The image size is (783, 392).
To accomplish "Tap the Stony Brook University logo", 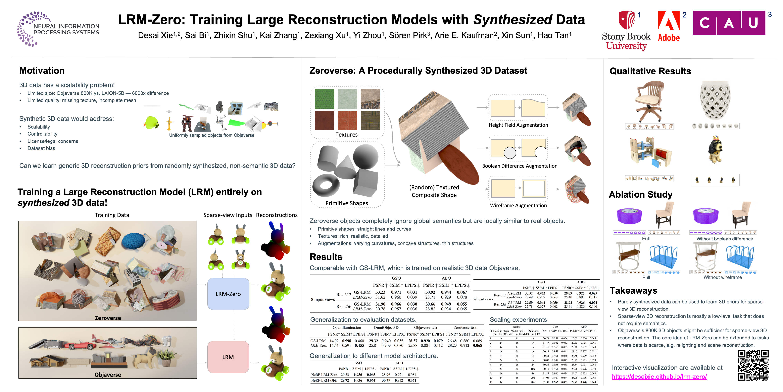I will [x=626, y=30].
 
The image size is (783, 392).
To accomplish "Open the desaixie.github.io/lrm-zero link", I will [x=659, y=377].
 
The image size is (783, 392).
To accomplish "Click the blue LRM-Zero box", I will [x=228, y=294].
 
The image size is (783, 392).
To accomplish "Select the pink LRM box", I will [x=228, y=357].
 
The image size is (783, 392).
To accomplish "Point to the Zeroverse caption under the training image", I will [x=108, y=318].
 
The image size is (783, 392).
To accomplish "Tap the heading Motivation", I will [x=42, y=71].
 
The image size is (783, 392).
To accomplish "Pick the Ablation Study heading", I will [x=640, y=194].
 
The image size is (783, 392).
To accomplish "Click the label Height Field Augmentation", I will [x=518, y=125].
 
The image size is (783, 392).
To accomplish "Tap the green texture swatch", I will [x=324, y=99].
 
